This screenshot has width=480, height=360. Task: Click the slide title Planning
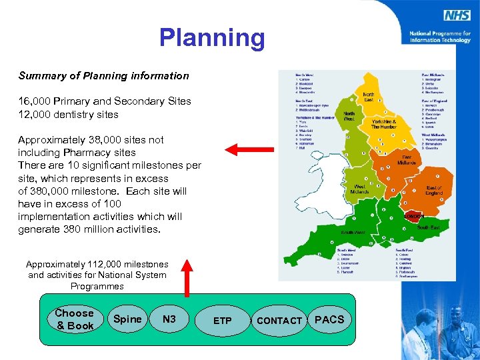[211, 38]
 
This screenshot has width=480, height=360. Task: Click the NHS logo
[458, 15]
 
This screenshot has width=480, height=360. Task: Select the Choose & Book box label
[74, 319]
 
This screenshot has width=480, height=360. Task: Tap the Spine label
[127, 319]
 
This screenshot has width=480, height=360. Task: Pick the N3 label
[169, 319]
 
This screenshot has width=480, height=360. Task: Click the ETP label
[223, 321]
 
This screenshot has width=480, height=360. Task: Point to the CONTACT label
[279, 321]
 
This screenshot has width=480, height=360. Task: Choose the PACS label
[329, 319]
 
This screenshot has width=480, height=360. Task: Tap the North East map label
[368, 97]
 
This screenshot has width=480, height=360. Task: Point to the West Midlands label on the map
[359, 189]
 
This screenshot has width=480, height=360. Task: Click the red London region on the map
[413, 216]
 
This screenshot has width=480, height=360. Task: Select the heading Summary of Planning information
[103, 76]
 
